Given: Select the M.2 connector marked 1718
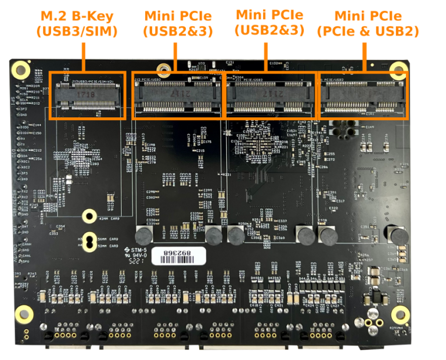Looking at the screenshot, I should click(87, 93).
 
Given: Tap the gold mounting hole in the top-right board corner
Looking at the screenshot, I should click(398, 71).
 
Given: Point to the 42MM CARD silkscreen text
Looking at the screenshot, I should click(109, 219).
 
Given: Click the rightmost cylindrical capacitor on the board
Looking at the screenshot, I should click(398, 235).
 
